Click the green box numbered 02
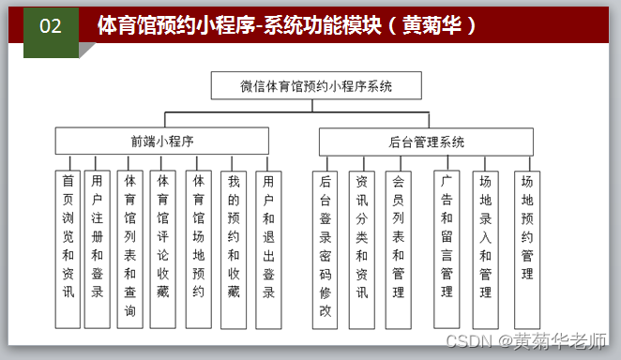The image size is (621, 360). pyautogui.click(x=51, y=33)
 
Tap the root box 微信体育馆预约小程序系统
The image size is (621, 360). pyautogui.click(x=316, y=85)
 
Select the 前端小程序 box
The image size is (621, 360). pyautogui.click(x=162, y=141)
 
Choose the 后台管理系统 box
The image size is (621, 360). pyautogui.click(x=426, y=142)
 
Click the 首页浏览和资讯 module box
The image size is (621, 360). pyautogui.click(x=68, y=249)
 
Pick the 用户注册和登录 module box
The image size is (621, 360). pyautogui.click(x=97, y=249)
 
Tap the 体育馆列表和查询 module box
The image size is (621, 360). pyautogui.click(x=129, y=249)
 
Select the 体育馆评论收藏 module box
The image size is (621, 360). pyautogui.click(x=163, y=249)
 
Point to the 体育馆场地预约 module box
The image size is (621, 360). pyautogui.click(x=199, y=249)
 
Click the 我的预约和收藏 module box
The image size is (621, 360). pyautogui.click(x=234, y=250)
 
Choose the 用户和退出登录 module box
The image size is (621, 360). pyautogui.click(x=268, y=250)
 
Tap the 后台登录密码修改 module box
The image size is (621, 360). pyautogui.click(x=325, y=250)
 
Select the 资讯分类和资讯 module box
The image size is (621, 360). pyautogui.click(x=361, y=250)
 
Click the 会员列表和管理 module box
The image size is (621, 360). pyautogui.click(x=398, y=250)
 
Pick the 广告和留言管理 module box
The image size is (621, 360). pyautogui.click(x=447, y=249)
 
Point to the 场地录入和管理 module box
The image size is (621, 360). pyautogui.click(x=486, y=250)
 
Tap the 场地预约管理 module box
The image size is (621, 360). pyautogui.click(x=527, y=250)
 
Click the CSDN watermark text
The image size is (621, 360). pyautogui.click(x=526, y=341)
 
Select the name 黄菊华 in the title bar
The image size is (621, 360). pyautogui.click(x=432, y=25)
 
